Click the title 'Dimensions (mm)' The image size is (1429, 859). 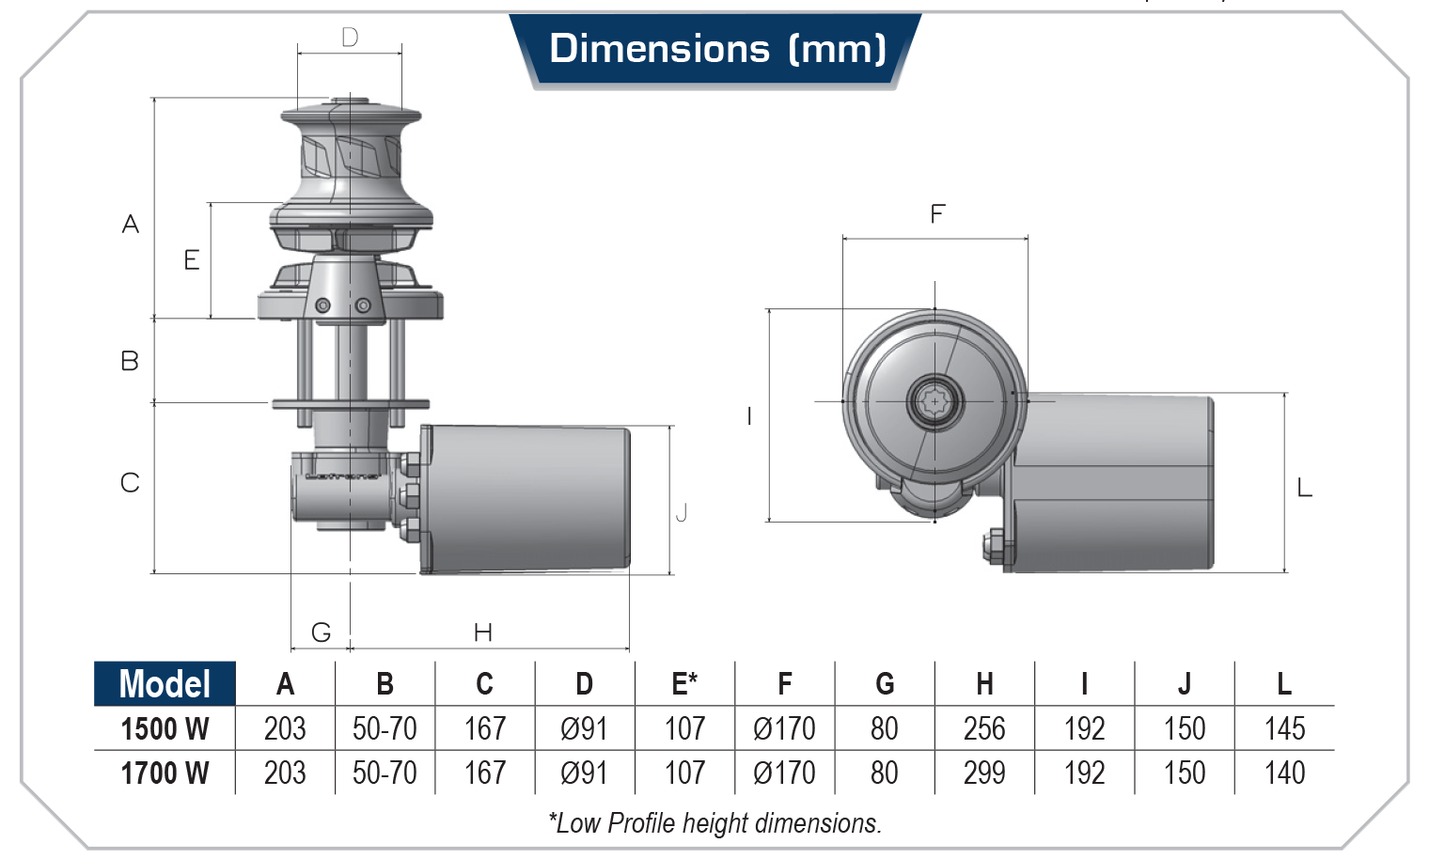pyautogui.click(x=716, y=49)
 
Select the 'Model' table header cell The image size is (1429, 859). pyautogui.click(x=165, y=683)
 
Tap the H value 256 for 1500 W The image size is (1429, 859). pyautogui.click(x=984, y=728)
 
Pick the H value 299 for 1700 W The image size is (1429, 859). pyautogui.click(x=984, y=773)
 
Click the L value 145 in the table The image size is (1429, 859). pyautogui.click(x=1284, y=728)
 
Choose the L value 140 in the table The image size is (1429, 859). pyautogui.click(x=1284, y=773)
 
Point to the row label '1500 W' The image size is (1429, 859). pyautogui.click(x=165, y=728)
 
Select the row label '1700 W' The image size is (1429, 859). pyautogui.click(x=165, y=773)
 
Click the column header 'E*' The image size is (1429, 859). pyautogui.click(x=684, y=683)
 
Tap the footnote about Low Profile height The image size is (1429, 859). pyautogui.click(x=714, y=823)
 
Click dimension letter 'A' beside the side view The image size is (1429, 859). pyautogui.click(x=131, y=225)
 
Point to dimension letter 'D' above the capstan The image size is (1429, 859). pyautogui.click(x=350, y=38)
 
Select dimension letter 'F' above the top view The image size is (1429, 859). pyautogui.click(x=936, y=214)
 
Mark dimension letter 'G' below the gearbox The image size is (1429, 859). pyautogui.click(x=321, y=633)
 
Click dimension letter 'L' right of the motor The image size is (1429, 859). pyautogui.click(x=1304, y=488)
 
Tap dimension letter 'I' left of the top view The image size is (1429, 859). pyautogui.click(x=749, y=416)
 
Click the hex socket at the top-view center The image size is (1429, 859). pyautogui.click(x=934, y=401)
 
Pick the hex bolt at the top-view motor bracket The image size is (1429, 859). pyautogui.click(x=995, y=547)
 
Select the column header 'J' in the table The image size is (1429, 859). pyautogui.click(x=1185, y=683)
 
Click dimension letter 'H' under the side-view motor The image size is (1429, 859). pyautogui.click(x=483, y=633)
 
